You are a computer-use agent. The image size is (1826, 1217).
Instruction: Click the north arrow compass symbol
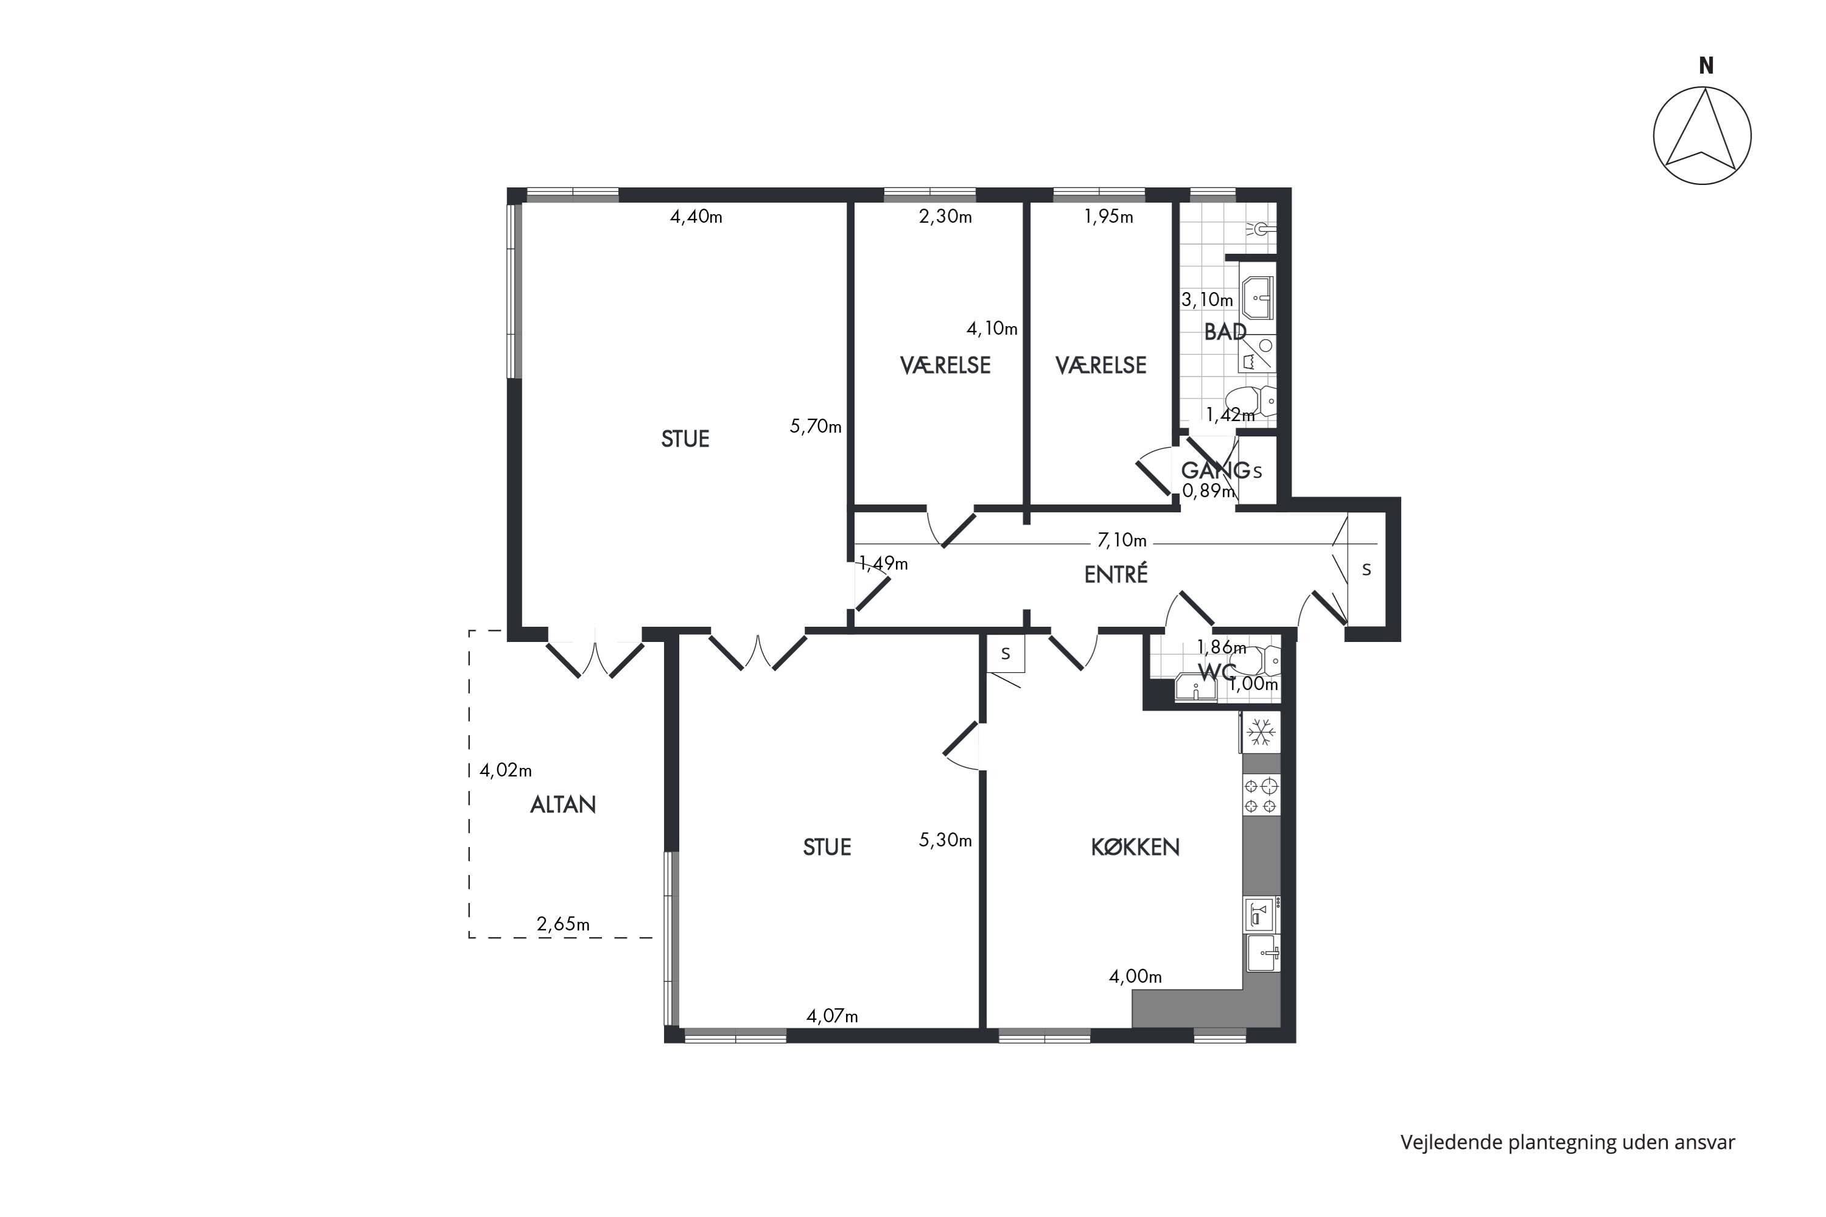pyautogui.click(x=1702, y=136)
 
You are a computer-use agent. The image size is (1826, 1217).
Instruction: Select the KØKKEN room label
pyautogui.click(x=1135, y=847)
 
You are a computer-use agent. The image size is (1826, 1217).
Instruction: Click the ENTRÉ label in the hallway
pyautogui.click(x=1116, y=574)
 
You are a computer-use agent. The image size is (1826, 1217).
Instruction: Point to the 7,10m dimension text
pyautogui.click(x=1122, y=540)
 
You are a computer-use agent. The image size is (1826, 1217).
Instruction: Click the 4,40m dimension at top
pyautogui.click(x=696, y=217)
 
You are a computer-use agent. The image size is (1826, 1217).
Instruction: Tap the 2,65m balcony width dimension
pyautogui.click(x=563, y=924)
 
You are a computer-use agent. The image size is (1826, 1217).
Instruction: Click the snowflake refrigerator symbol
pyautogui.click(x=1261, y=732)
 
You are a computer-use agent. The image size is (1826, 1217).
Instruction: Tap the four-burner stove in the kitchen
pyautogui.click(x=1261, y=795)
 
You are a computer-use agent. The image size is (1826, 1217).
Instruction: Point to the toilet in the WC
pyautogui.click(x=1257, y=660)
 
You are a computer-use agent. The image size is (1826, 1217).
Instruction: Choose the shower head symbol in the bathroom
pyautogui.click(x=1263, y=229)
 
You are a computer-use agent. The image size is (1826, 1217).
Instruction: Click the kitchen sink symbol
pyautogui.click(x=1263, y=953)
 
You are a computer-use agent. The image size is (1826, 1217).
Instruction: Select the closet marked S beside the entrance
pyautogui.click(x=1366, y=570)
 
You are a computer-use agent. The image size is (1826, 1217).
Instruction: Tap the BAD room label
pyautogui.click(x=1225, y=332)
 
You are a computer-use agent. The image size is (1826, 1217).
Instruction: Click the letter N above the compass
pyautogui.click(x=1705, y=66)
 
